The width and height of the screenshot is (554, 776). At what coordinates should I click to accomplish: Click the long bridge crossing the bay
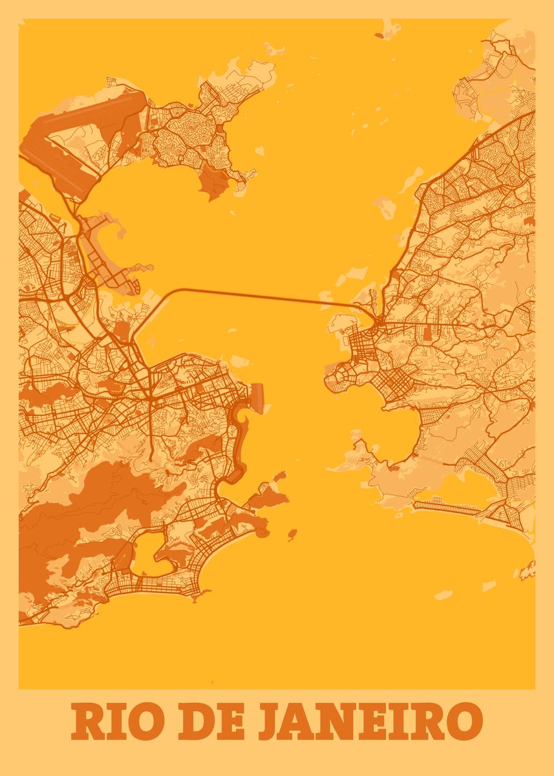[x=259, y=294]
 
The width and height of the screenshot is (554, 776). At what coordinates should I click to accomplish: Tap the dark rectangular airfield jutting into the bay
[x=257, y=396]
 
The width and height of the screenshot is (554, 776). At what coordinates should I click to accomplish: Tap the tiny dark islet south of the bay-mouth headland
[x=292, y=534]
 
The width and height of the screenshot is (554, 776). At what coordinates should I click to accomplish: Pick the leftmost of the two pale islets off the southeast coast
[x=443, y=594]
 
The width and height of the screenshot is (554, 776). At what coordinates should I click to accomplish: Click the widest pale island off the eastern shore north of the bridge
[x=386, y=208]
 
